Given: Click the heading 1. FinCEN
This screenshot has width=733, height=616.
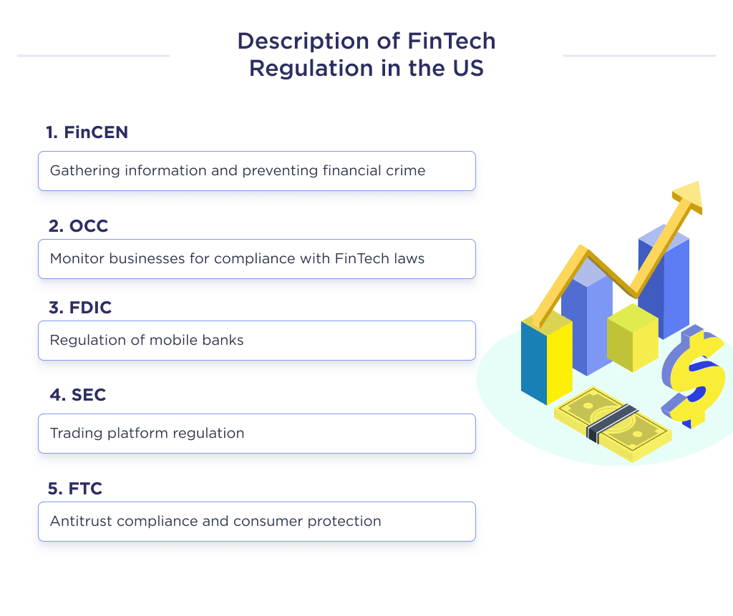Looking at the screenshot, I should tap(87, 132).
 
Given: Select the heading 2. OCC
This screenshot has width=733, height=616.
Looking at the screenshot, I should tap(78, 226).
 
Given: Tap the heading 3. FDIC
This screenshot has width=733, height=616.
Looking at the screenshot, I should tap(80, 308).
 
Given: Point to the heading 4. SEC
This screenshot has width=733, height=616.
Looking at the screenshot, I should tap(77, 395).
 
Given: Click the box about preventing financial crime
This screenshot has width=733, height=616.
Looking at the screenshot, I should tap(256, 171).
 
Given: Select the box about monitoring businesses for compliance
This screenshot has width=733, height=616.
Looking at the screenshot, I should tap(256, 259).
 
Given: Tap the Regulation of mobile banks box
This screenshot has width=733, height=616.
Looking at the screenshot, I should tap(256, 341).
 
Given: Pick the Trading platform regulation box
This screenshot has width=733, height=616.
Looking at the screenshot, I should tap(256, 434).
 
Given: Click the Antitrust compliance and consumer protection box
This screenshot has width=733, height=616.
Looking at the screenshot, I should tap(256, 522).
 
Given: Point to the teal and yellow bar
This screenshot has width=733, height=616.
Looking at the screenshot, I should tap(546, 361).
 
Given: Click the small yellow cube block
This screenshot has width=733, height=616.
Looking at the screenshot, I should tap(631, 337).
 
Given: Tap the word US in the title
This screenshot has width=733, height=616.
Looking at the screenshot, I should tap(468, 69).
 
